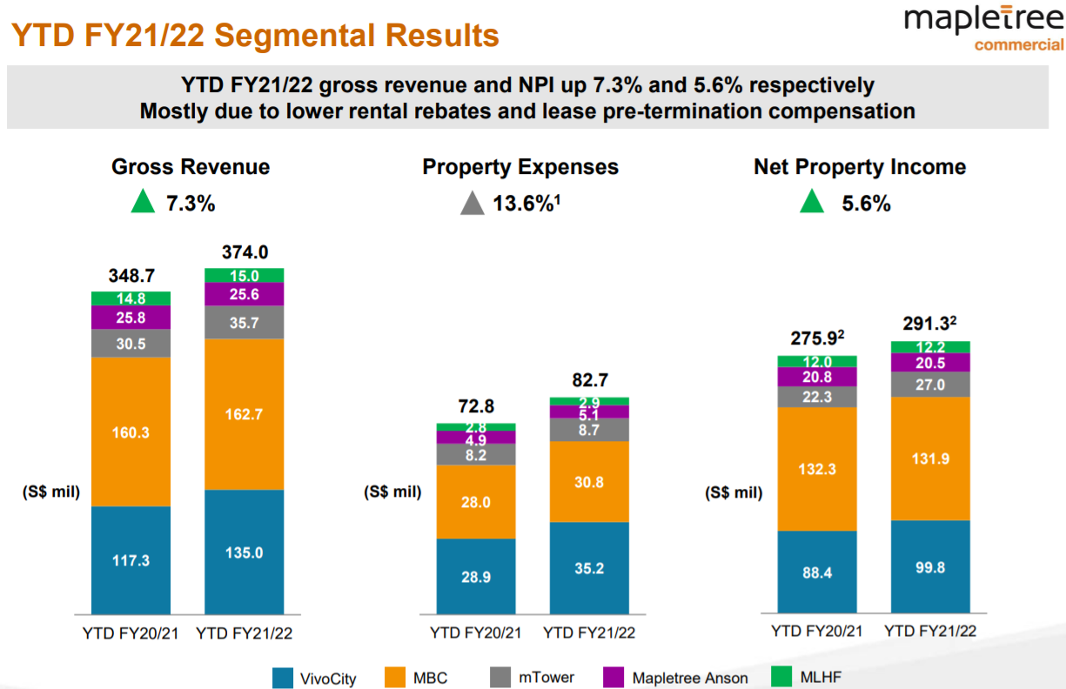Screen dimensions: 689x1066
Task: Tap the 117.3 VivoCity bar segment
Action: click(131, 560)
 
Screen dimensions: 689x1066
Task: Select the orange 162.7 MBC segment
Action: click(245, 414)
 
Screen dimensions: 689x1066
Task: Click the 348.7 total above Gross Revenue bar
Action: click(131, 276)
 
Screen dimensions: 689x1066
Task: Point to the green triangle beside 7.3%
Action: click(143, 204)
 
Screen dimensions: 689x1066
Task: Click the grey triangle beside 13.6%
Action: click(473, 204)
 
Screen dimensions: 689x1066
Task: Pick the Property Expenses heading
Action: click(520, 167)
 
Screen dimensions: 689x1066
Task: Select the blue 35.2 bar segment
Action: click(589, 567)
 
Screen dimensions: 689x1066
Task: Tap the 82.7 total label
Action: click(589, 380)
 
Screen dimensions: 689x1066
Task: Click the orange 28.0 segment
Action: click(476, 502)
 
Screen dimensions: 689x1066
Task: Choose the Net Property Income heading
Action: click(860, 167)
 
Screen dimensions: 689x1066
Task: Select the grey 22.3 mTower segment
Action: click(817, 397)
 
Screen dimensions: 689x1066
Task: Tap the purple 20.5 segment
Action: click(930, 363)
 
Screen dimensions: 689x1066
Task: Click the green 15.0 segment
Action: click(245, 276)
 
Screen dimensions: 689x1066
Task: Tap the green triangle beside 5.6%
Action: click(811, 204)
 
